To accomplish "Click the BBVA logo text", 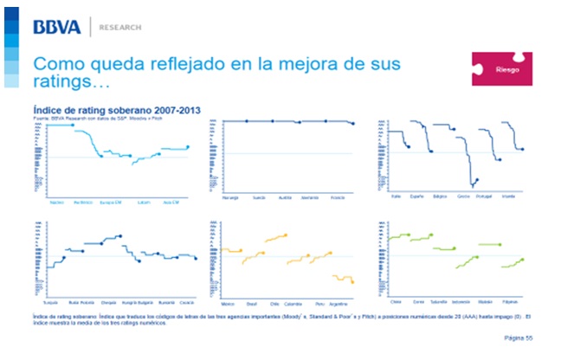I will (57, 27).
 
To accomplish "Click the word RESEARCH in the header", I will (120, 28).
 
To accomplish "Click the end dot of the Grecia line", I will (475, 180).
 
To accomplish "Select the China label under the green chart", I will (397, 304).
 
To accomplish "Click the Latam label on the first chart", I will (144, 202).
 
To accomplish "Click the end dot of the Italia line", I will (408, 147).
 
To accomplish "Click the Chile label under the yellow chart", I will (274, 305).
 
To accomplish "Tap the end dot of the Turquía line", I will (64, 257).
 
